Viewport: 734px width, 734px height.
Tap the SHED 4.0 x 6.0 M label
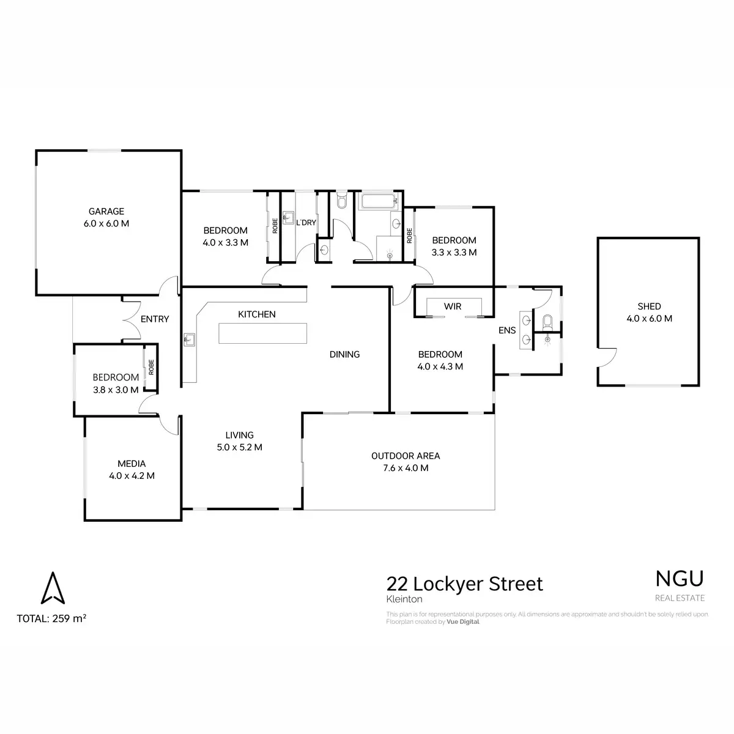pos(649,313)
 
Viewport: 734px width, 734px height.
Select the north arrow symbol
pos(52,588)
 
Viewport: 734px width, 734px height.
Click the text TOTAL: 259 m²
pos(51,618)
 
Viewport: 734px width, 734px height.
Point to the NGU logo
pos(680,578)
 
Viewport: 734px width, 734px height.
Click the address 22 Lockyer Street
pos(464,584)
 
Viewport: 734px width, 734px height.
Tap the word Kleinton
pos(404,600)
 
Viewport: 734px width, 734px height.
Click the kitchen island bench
pos(262,333)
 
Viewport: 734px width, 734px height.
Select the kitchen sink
pos(188,339)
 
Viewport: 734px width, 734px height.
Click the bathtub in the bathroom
pos(379,201)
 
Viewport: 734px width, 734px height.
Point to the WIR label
pos(453,306)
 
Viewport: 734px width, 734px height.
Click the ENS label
pos(507,330)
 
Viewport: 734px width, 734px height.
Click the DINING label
pos(344,354)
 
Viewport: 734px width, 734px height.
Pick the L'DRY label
pos(306,223)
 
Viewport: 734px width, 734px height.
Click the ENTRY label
pos(154,319)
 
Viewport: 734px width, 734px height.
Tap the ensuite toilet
pos(547,321)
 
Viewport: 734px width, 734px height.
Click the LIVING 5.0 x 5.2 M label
pos(239,441)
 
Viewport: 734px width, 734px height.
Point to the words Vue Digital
pos(463,621)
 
